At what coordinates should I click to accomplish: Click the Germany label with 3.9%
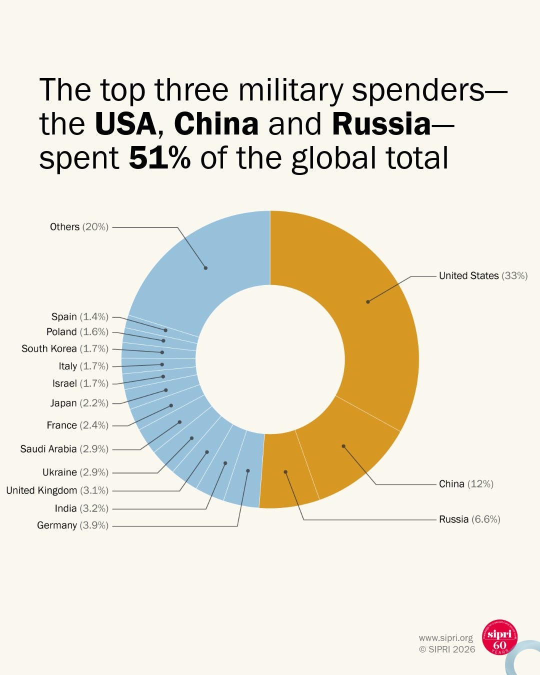pos(72,525)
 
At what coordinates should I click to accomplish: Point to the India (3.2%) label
pos(81,508)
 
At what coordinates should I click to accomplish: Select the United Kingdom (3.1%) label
pos(57,490)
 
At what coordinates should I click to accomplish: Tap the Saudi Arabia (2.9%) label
pos(64,449)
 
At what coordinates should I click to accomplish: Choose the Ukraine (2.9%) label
pos(75,472)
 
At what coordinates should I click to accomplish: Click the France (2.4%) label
pos(77,425)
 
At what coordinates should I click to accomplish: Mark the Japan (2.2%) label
pos(79,403)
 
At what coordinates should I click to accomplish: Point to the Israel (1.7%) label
pos(80,383)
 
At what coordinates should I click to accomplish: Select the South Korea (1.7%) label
pos(64,348)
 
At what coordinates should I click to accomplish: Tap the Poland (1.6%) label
pos(77,332)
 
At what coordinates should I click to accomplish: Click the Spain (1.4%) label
pos(79,317)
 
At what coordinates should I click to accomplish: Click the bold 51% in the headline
pos(159,158)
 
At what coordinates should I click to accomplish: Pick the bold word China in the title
pos(216,124)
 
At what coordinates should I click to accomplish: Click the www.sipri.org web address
pos(445,638)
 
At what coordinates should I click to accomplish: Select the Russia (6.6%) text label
pos(469,519)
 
